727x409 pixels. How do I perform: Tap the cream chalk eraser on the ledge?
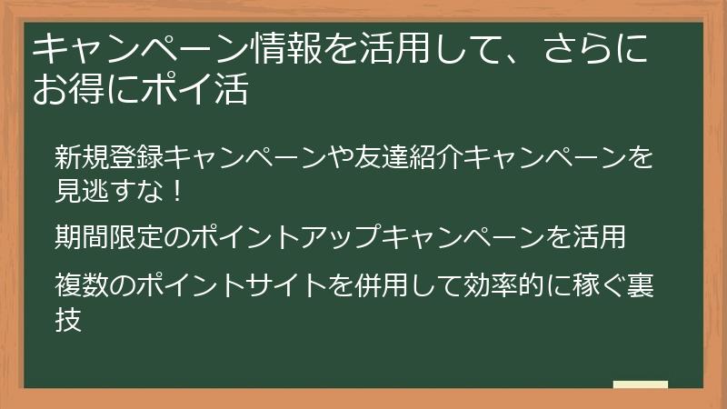pyautogui.click(x=640, y=384)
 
